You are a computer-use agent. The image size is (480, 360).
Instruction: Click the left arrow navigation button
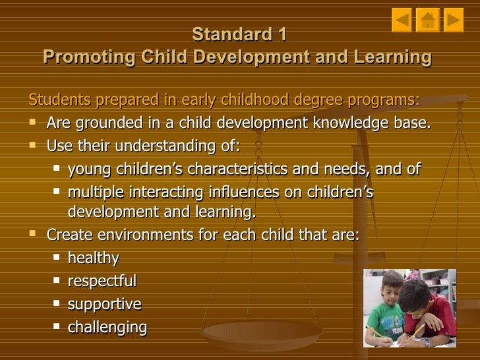click(x=402, y=20)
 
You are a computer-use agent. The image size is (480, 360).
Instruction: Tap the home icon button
click(x=427, y=20)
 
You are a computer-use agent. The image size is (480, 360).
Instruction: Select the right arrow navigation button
click(x=453, y=20)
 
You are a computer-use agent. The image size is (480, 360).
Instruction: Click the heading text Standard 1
click(x=239, y=34)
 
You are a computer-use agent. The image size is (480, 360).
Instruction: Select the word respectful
click(x=102, y=281)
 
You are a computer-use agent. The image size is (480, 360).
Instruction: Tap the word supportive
click(x=104, y=304)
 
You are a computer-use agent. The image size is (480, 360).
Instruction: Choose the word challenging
click(x=107, y=327)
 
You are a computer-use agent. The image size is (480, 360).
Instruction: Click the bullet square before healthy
click(x=56, y=258)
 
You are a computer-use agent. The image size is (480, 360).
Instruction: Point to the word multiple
click(x=92, y=193)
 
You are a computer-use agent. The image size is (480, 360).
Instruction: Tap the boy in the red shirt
click(x=429, y=310)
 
